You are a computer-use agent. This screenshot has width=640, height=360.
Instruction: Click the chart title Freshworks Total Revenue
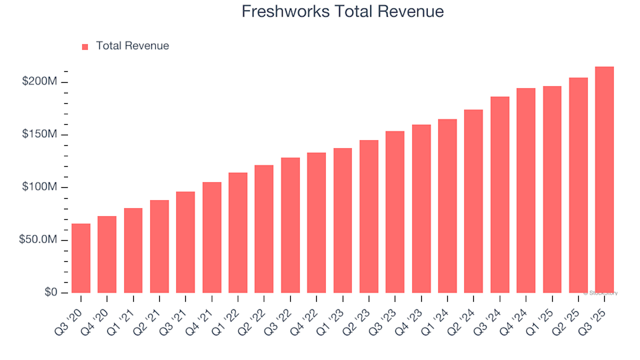[343, 12]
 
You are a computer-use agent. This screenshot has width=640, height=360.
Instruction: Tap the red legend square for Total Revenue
[85, 47]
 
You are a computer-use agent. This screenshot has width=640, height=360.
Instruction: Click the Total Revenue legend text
[132, 46]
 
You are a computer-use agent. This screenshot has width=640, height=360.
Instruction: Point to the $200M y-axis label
[41, 82]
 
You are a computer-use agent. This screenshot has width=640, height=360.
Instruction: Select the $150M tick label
[41, 135]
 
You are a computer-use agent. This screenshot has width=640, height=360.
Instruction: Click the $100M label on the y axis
[41, 187]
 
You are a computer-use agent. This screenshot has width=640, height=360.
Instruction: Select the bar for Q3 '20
[81, 258]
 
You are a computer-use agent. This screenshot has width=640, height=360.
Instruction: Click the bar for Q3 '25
[604, 180]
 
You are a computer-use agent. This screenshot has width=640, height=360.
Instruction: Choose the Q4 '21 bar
[212, 237]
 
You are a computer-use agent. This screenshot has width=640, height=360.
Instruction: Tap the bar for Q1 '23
[343, 221]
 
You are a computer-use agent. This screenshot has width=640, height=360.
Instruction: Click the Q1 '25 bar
[552, 189]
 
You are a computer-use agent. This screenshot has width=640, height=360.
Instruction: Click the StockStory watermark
[601, 293]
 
